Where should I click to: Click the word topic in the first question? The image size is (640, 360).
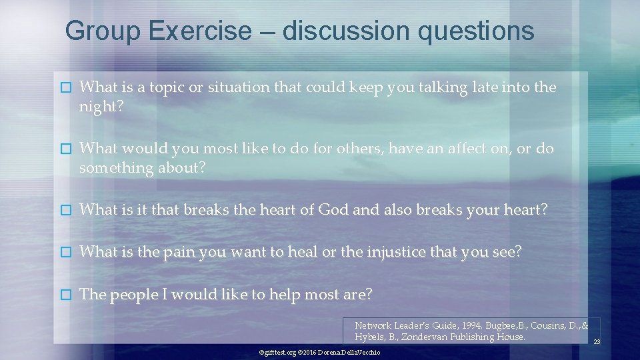165,87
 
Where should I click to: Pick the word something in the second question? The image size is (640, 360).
117,168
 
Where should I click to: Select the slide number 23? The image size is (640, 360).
597,342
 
